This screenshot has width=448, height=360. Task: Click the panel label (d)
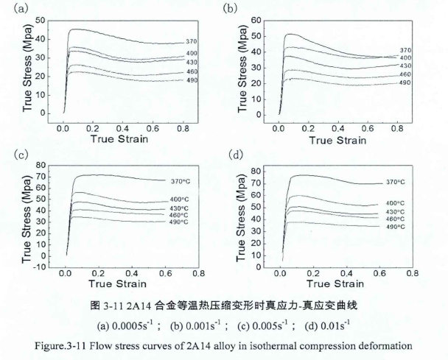235,155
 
